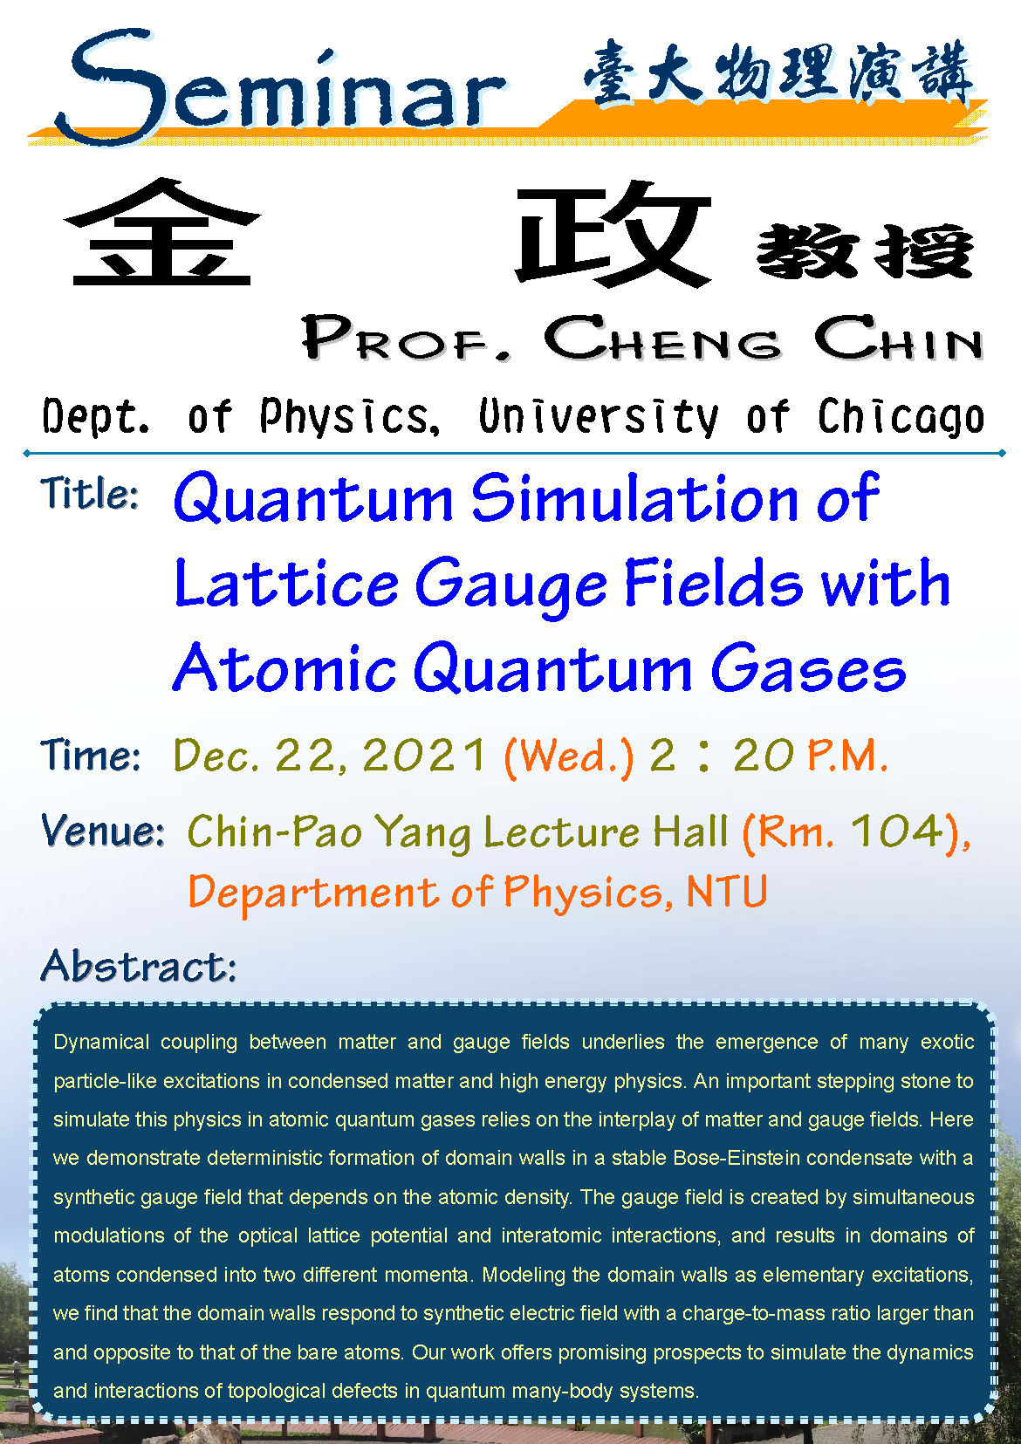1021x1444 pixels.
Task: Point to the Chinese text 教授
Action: tap(865, 250)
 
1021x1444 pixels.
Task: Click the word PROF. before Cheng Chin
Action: tap(406, 338)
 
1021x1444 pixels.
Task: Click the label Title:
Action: tap(90, 494)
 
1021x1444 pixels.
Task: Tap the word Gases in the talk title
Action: tap(808, 668)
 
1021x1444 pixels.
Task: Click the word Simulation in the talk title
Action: tap(635, 498)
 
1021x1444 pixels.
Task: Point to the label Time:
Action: tap(91, 755)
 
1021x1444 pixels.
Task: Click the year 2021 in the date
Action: tap(424, 755)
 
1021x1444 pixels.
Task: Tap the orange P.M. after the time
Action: tap(847, 755)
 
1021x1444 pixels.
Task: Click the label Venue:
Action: tap(103, 831)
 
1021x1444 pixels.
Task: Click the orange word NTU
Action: tap(726, 892)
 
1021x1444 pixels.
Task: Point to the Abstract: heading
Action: tap(140, 967)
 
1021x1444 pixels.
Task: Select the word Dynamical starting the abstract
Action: tap(101, 1043)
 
